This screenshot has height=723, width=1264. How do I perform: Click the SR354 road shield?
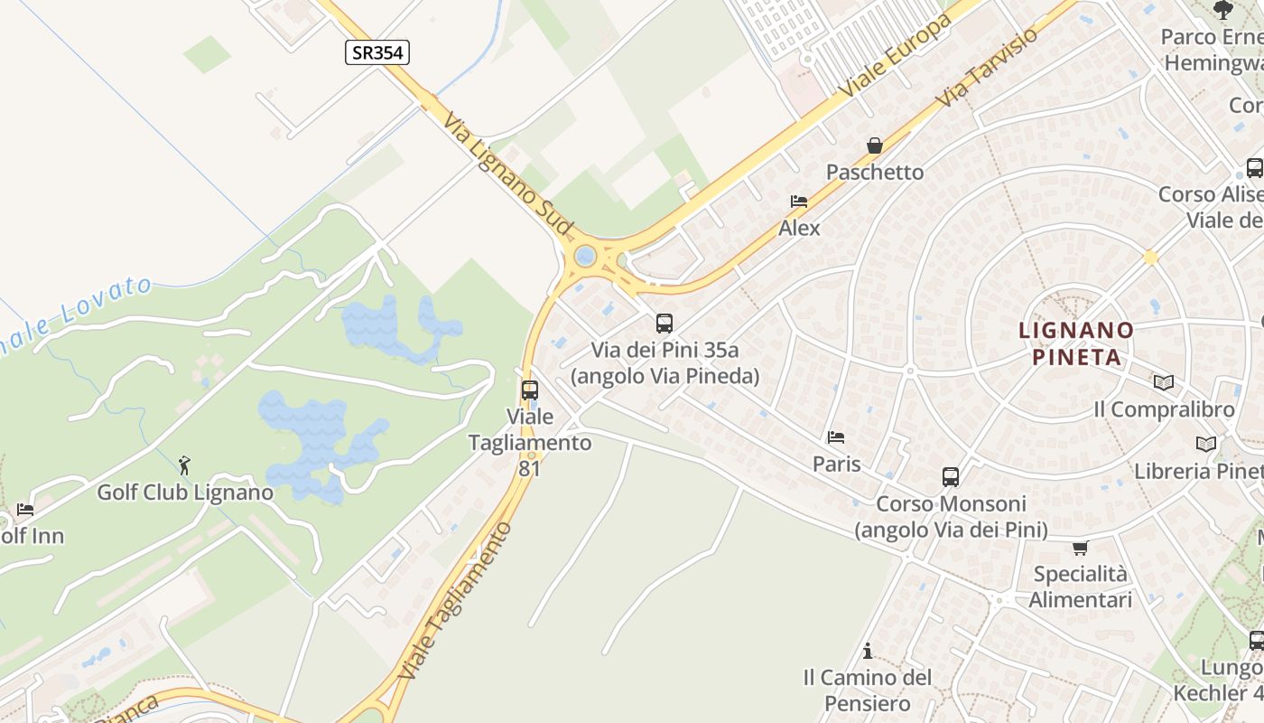tap(377, 52)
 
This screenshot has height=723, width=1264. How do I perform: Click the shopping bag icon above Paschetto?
tap(875, 145)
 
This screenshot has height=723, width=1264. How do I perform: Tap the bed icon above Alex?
tap(799, 202)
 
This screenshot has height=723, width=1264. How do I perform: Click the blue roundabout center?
tap(585, 256)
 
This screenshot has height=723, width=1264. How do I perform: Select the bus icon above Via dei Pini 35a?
tap(665, 323)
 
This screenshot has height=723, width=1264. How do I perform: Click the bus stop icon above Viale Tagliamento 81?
tap(530, 390)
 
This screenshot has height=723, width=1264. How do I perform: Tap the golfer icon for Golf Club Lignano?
tap(185, 465)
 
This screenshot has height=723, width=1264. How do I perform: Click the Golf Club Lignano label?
tap(185, 493)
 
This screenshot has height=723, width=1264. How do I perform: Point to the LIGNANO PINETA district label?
tap(1076, 343)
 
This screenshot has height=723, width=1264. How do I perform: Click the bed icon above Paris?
tap(836, 437)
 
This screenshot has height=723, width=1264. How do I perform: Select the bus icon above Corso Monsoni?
tap(951, 476)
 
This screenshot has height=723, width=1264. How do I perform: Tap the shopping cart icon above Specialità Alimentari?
tap(1080, 548)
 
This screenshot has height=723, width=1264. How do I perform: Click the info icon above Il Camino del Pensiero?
tap(868, 651)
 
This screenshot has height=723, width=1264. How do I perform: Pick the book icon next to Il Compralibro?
tap(1164, 383)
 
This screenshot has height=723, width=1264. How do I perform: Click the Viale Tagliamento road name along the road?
tap(456, 601)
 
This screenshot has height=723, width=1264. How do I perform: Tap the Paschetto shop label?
tap(875, 172)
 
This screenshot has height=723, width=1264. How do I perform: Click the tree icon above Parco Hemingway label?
tap(1223, 10)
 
